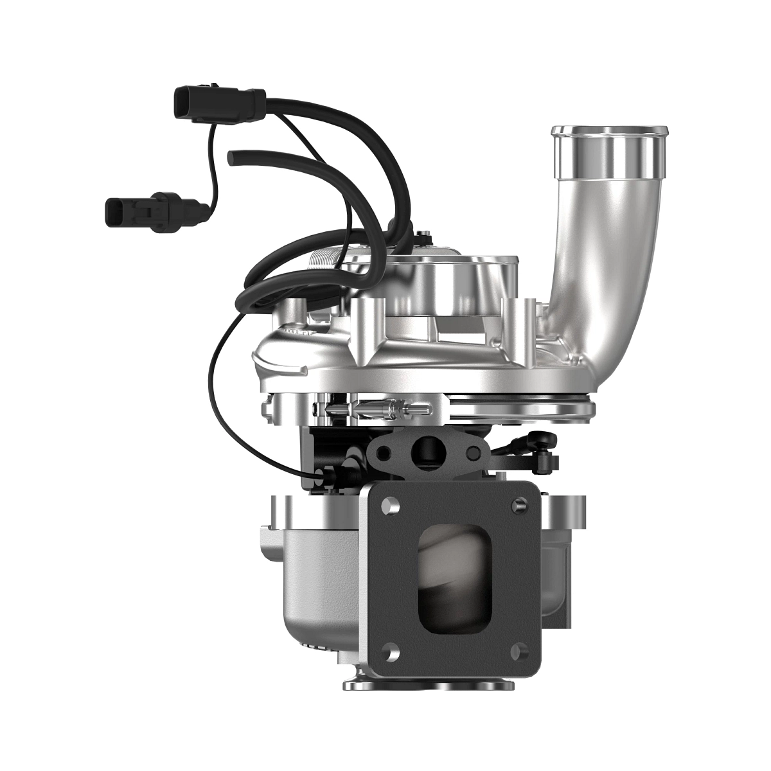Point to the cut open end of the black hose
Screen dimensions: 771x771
232,155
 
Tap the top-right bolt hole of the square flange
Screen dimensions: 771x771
517,505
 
